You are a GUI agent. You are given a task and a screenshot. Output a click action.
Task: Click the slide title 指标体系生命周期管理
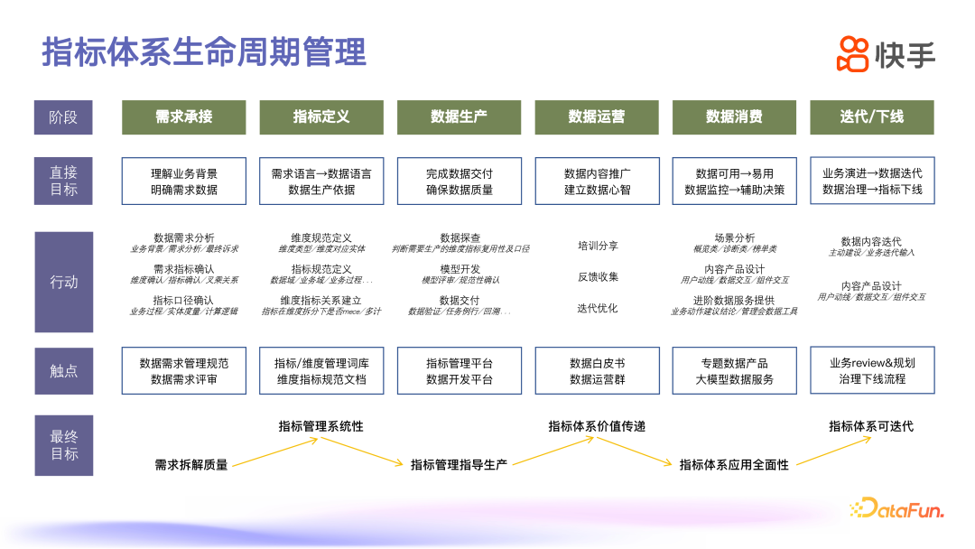click(x=204, y=51)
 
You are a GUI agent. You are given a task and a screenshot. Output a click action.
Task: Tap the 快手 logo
click(x=886, y=54)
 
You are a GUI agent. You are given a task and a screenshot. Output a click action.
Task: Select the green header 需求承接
click(x=184, y=116)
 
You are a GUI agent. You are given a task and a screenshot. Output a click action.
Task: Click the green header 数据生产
click(x=460, y=116)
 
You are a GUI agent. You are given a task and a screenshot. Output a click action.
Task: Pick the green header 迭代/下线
click(x=871, y=116)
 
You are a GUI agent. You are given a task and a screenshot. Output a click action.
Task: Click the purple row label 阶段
click(x=63, y=117)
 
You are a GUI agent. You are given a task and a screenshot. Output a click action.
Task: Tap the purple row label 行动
click(x=63, y=282)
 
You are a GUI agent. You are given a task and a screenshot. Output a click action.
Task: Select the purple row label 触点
click(x=63, y=370)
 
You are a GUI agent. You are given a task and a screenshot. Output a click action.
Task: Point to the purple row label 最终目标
click(x=63, y=445)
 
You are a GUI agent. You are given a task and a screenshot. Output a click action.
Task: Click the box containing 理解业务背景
click(x=184, y=181)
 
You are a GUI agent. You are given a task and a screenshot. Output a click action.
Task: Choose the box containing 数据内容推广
click(x=597, y=181)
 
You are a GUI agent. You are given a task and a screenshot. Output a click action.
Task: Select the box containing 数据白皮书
click(x=597, y=370)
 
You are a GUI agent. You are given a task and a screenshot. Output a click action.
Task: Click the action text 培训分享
click(x=598, y=246)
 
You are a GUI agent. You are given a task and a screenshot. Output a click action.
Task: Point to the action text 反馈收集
click(x=598, y=277)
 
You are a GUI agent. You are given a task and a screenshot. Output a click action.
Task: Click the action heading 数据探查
click(x=460, y=237)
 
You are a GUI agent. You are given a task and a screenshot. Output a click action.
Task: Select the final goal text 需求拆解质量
click(x=191, y=465)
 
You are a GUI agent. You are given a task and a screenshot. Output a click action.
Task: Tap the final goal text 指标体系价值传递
click(x=597, y=426)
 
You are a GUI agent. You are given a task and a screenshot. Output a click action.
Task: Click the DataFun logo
click(x=896, y=509)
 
